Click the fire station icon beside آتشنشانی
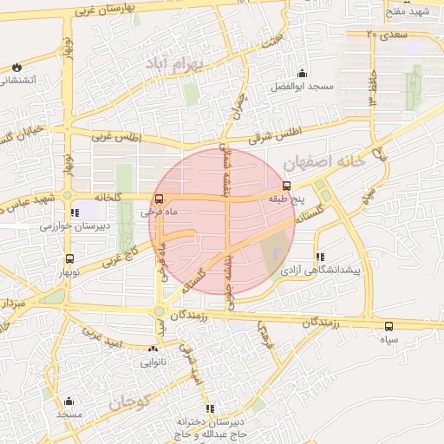(16, 66)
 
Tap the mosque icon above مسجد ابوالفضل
(301, 73)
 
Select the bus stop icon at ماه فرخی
(157, 199)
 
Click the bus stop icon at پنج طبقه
(287, 185)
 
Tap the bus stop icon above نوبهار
(69, 258)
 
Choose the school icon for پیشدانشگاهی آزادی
(321, 257)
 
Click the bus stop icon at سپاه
(388, 327)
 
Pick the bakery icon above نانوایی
(153, 349)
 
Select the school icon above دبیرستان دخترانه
(209, 408)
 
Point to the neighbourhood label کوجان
(130, 402)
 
